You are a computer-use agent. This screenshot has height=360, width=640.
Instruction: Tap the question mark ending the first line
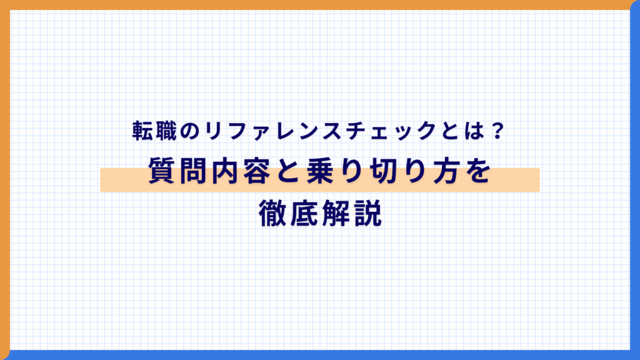click(497, 131)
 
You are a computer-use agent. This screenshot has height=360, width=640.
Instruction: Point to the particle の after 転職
click(186, 131)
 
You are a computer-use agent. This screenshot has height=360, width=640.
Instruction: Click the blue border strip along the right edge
click(635, 187)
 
